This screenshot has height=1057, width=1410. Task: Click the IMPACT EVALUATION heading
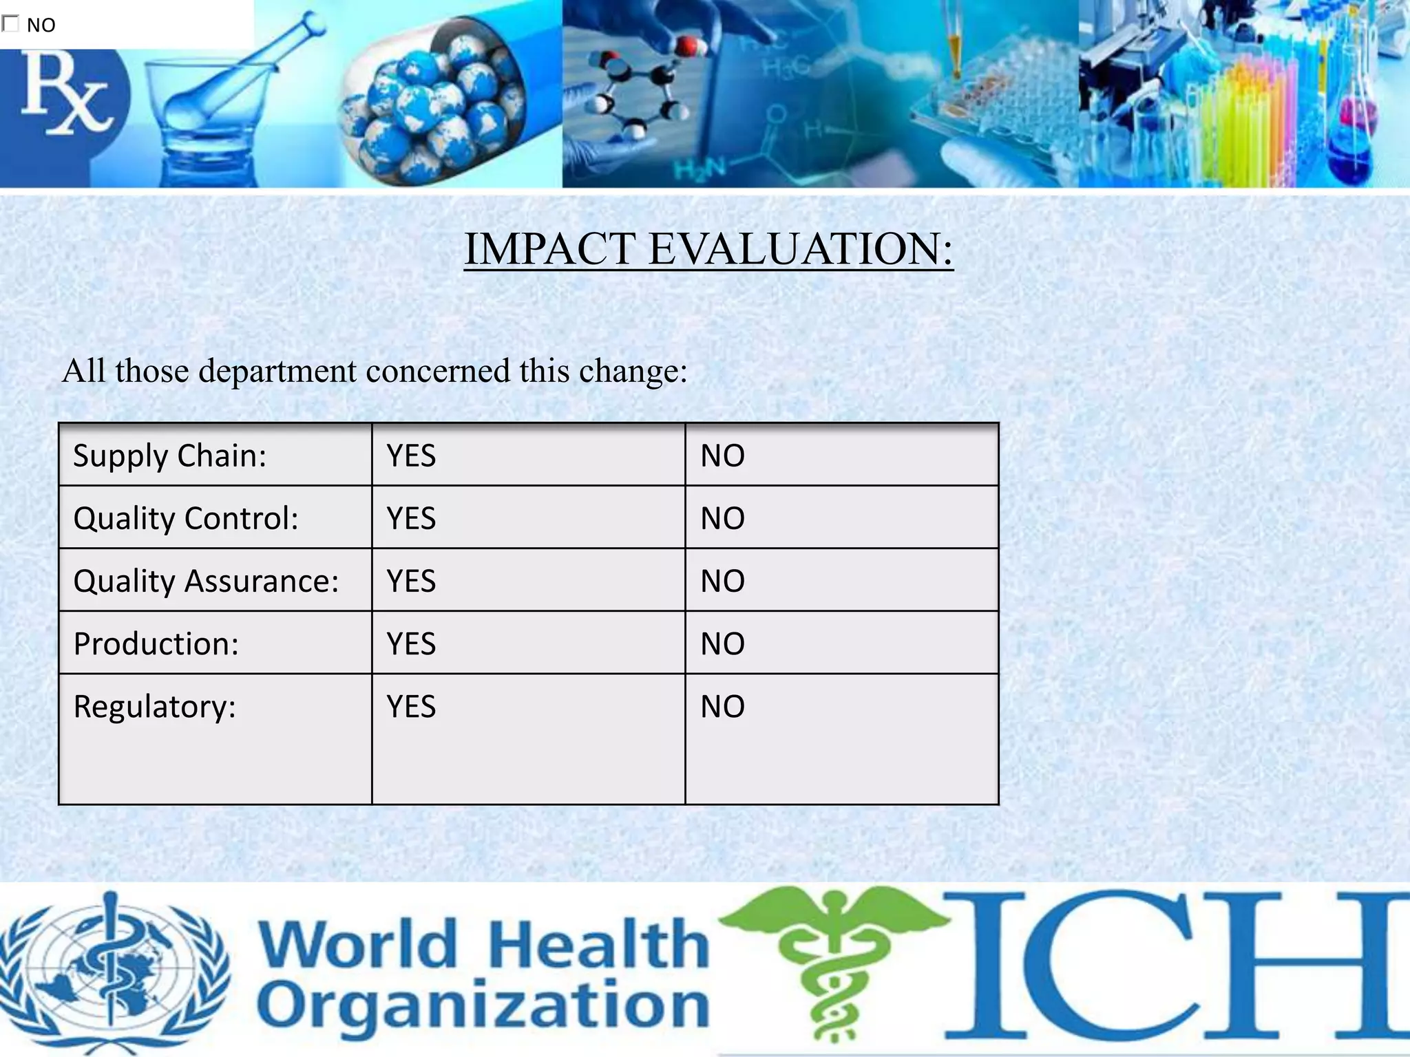tap(708, 248)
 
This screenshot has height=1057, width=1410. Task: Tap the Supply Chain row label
tap(169, 456)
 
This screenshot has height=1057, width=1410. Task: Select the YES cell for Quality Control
tap(411, 518)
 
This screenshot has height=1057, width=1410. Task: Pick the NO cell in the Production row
tap(722, 644)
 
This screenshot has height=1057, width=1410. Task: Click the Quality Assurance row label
tap(206, 581)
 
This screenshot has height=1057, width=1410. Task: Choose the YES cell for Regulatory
tap(411, 707)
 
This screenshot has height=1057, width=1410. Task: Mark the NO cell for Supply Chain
tap(722, 456)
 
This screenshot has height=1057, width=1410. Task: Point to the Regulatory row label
tap(154, 707)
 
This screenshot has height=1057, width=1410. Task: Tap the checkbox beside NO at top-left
tap(10, 24)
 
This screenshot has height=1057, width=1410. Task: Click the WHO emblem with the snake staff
tap(114, 970)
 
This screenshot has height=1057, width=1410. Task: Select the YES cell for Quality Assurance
tap(411, 581)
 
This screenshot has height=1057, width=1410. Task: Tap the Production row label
tap(156, 644)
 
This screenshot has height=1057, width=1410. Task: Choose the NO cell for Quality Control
tap(722, 518)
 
